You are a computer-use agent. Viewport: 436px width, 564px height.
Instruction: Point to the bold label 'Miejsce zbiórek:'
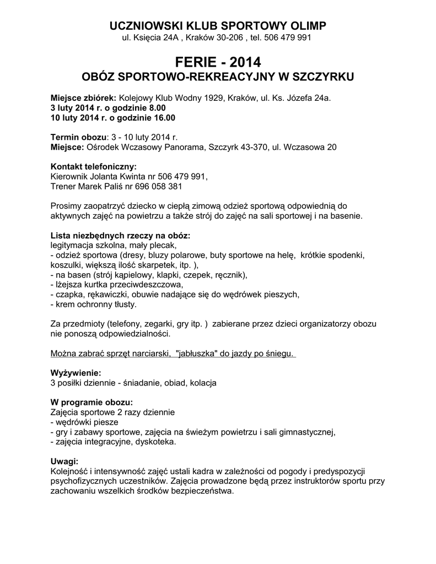tap(83, 97)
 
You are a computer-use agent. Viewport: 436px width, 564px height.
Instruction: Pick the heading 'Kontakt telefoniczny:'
tap(93, 167)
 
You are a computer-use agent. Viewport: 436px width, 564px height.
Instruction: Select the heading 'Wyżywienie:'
tap(76, 373)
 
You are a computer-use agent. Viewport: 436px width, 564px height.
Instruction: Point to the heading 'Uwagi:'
tap(64, 462)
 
